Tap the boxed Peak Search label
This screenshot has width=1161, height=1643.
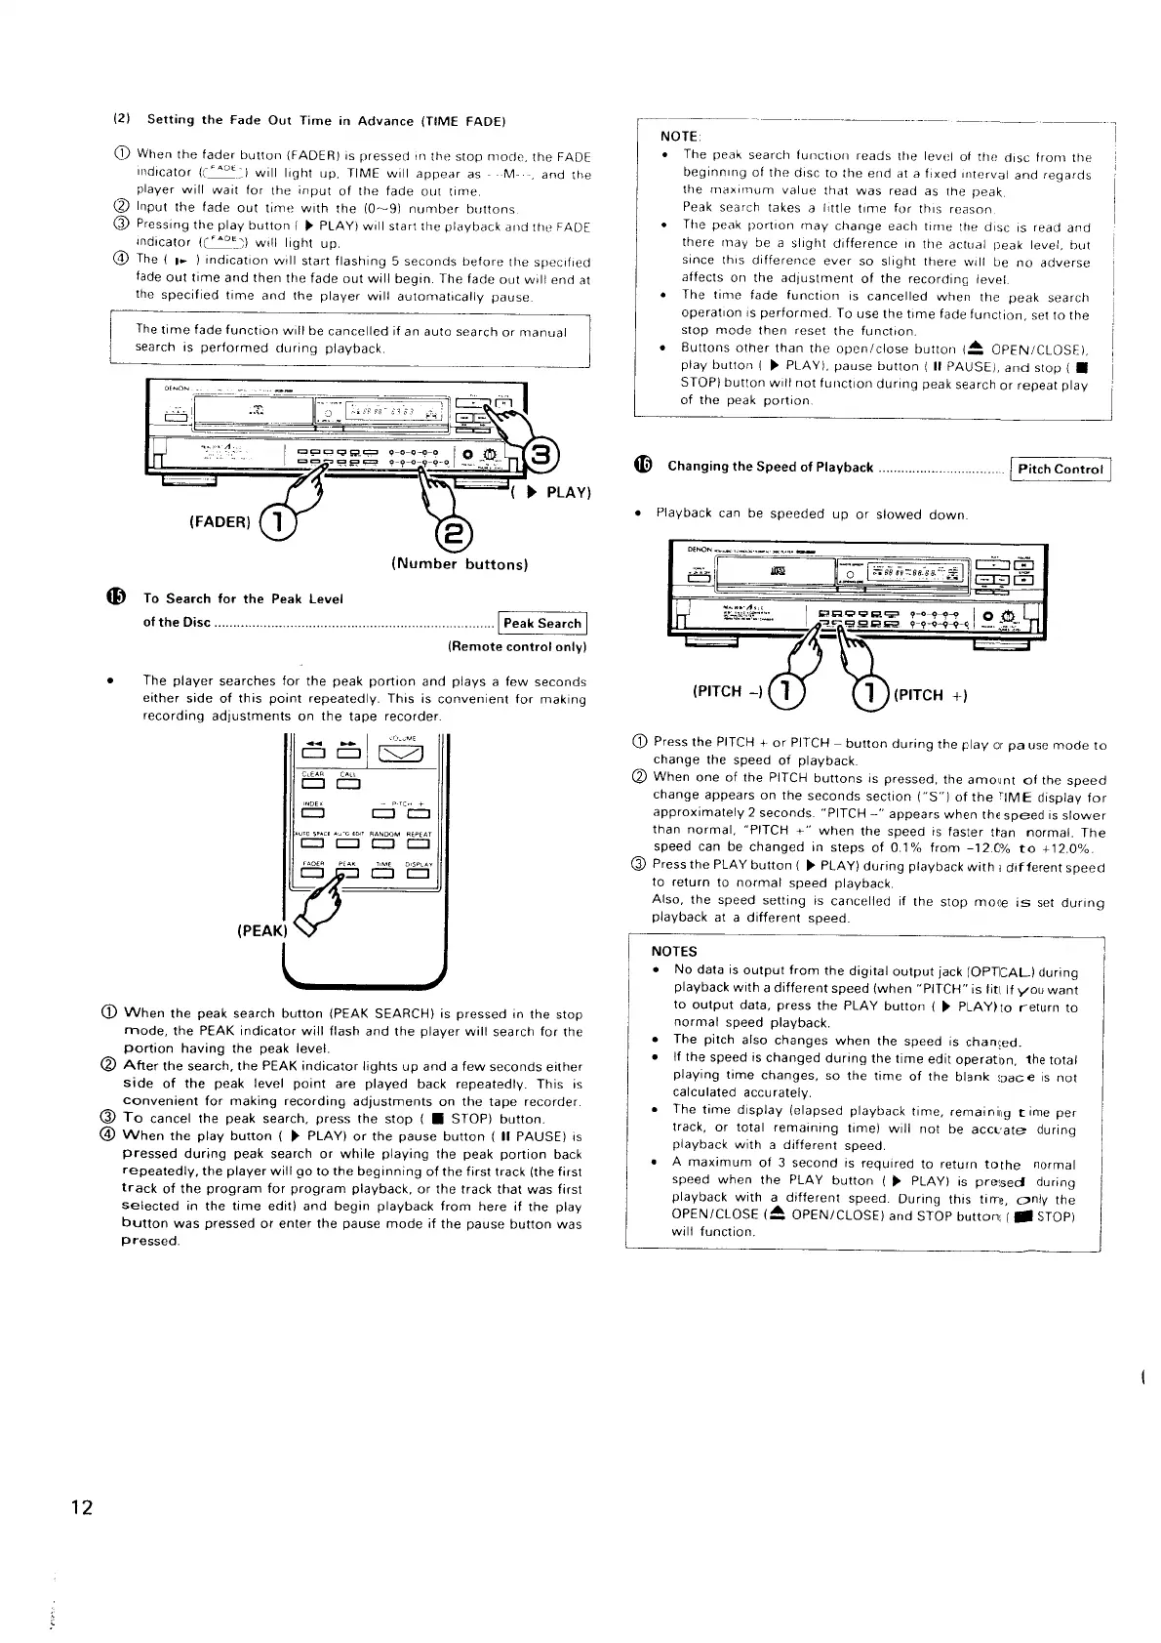tap(543, 623)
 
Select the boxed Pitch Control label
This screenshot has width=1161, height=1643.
tap(1060, 469)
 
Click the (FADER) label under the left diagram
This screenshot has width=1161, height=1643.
tap(220, 520)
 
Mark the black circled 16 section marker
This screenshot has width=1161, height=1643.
tap(644, 466)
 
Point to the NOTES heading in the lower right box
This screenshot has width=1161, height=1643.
tap(673, 951)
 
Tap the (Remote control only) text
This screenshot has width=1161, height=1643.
tap(516, 646)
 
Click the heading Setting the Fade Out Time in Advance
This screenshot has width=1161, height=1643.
tap(325, 121)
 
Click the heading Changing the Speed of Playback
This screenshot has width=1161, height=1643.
tap(770, 467)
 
